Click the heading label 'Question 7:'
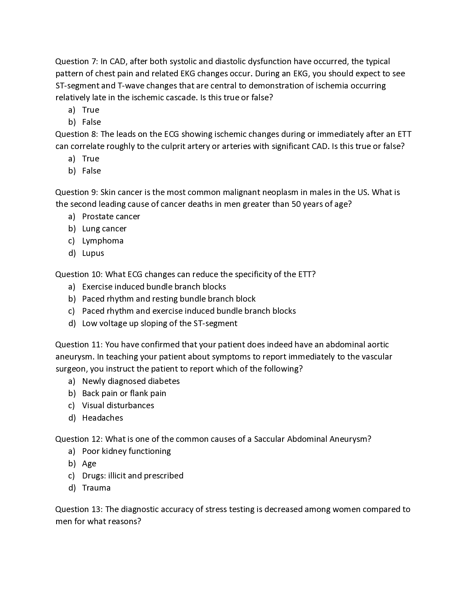click(x=77, y=61)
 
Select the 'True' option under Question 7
click(x=90, y=110)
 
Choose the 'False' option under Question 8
click(x=91, y=171)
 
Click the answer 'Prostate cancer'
click(x=111, y=217)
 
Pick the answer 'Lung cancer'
click(x=104, y=229)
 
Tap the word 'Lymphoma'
click(x=103, y=240)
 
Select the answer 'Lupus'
click(x=93, y=253)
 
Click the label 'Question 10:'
click(x=79, y=274)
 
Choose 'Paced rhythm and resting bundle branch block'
click(x=168, y=299)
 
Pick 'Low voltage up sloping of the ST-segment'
click(x=160, y=323)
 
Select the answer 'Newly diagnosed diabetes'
click(x=131, y=381)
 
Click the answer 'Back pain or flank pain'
click(x=124, y=393)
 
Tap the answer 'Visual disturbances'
click(x=118, y=405)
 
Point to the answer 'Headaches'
click(x=102, y=418)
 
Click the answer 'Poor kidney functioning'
click(x=126, y=451)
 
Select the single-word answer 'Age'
click(x=89, y=464)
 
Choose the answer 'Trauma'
click(x=96, y=488)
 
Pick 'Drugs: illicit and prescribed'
click(x=132, y=476)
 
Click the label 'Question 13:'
click(x=79, y=509)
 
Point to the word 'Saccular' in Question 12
click(x=269, y=439)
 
